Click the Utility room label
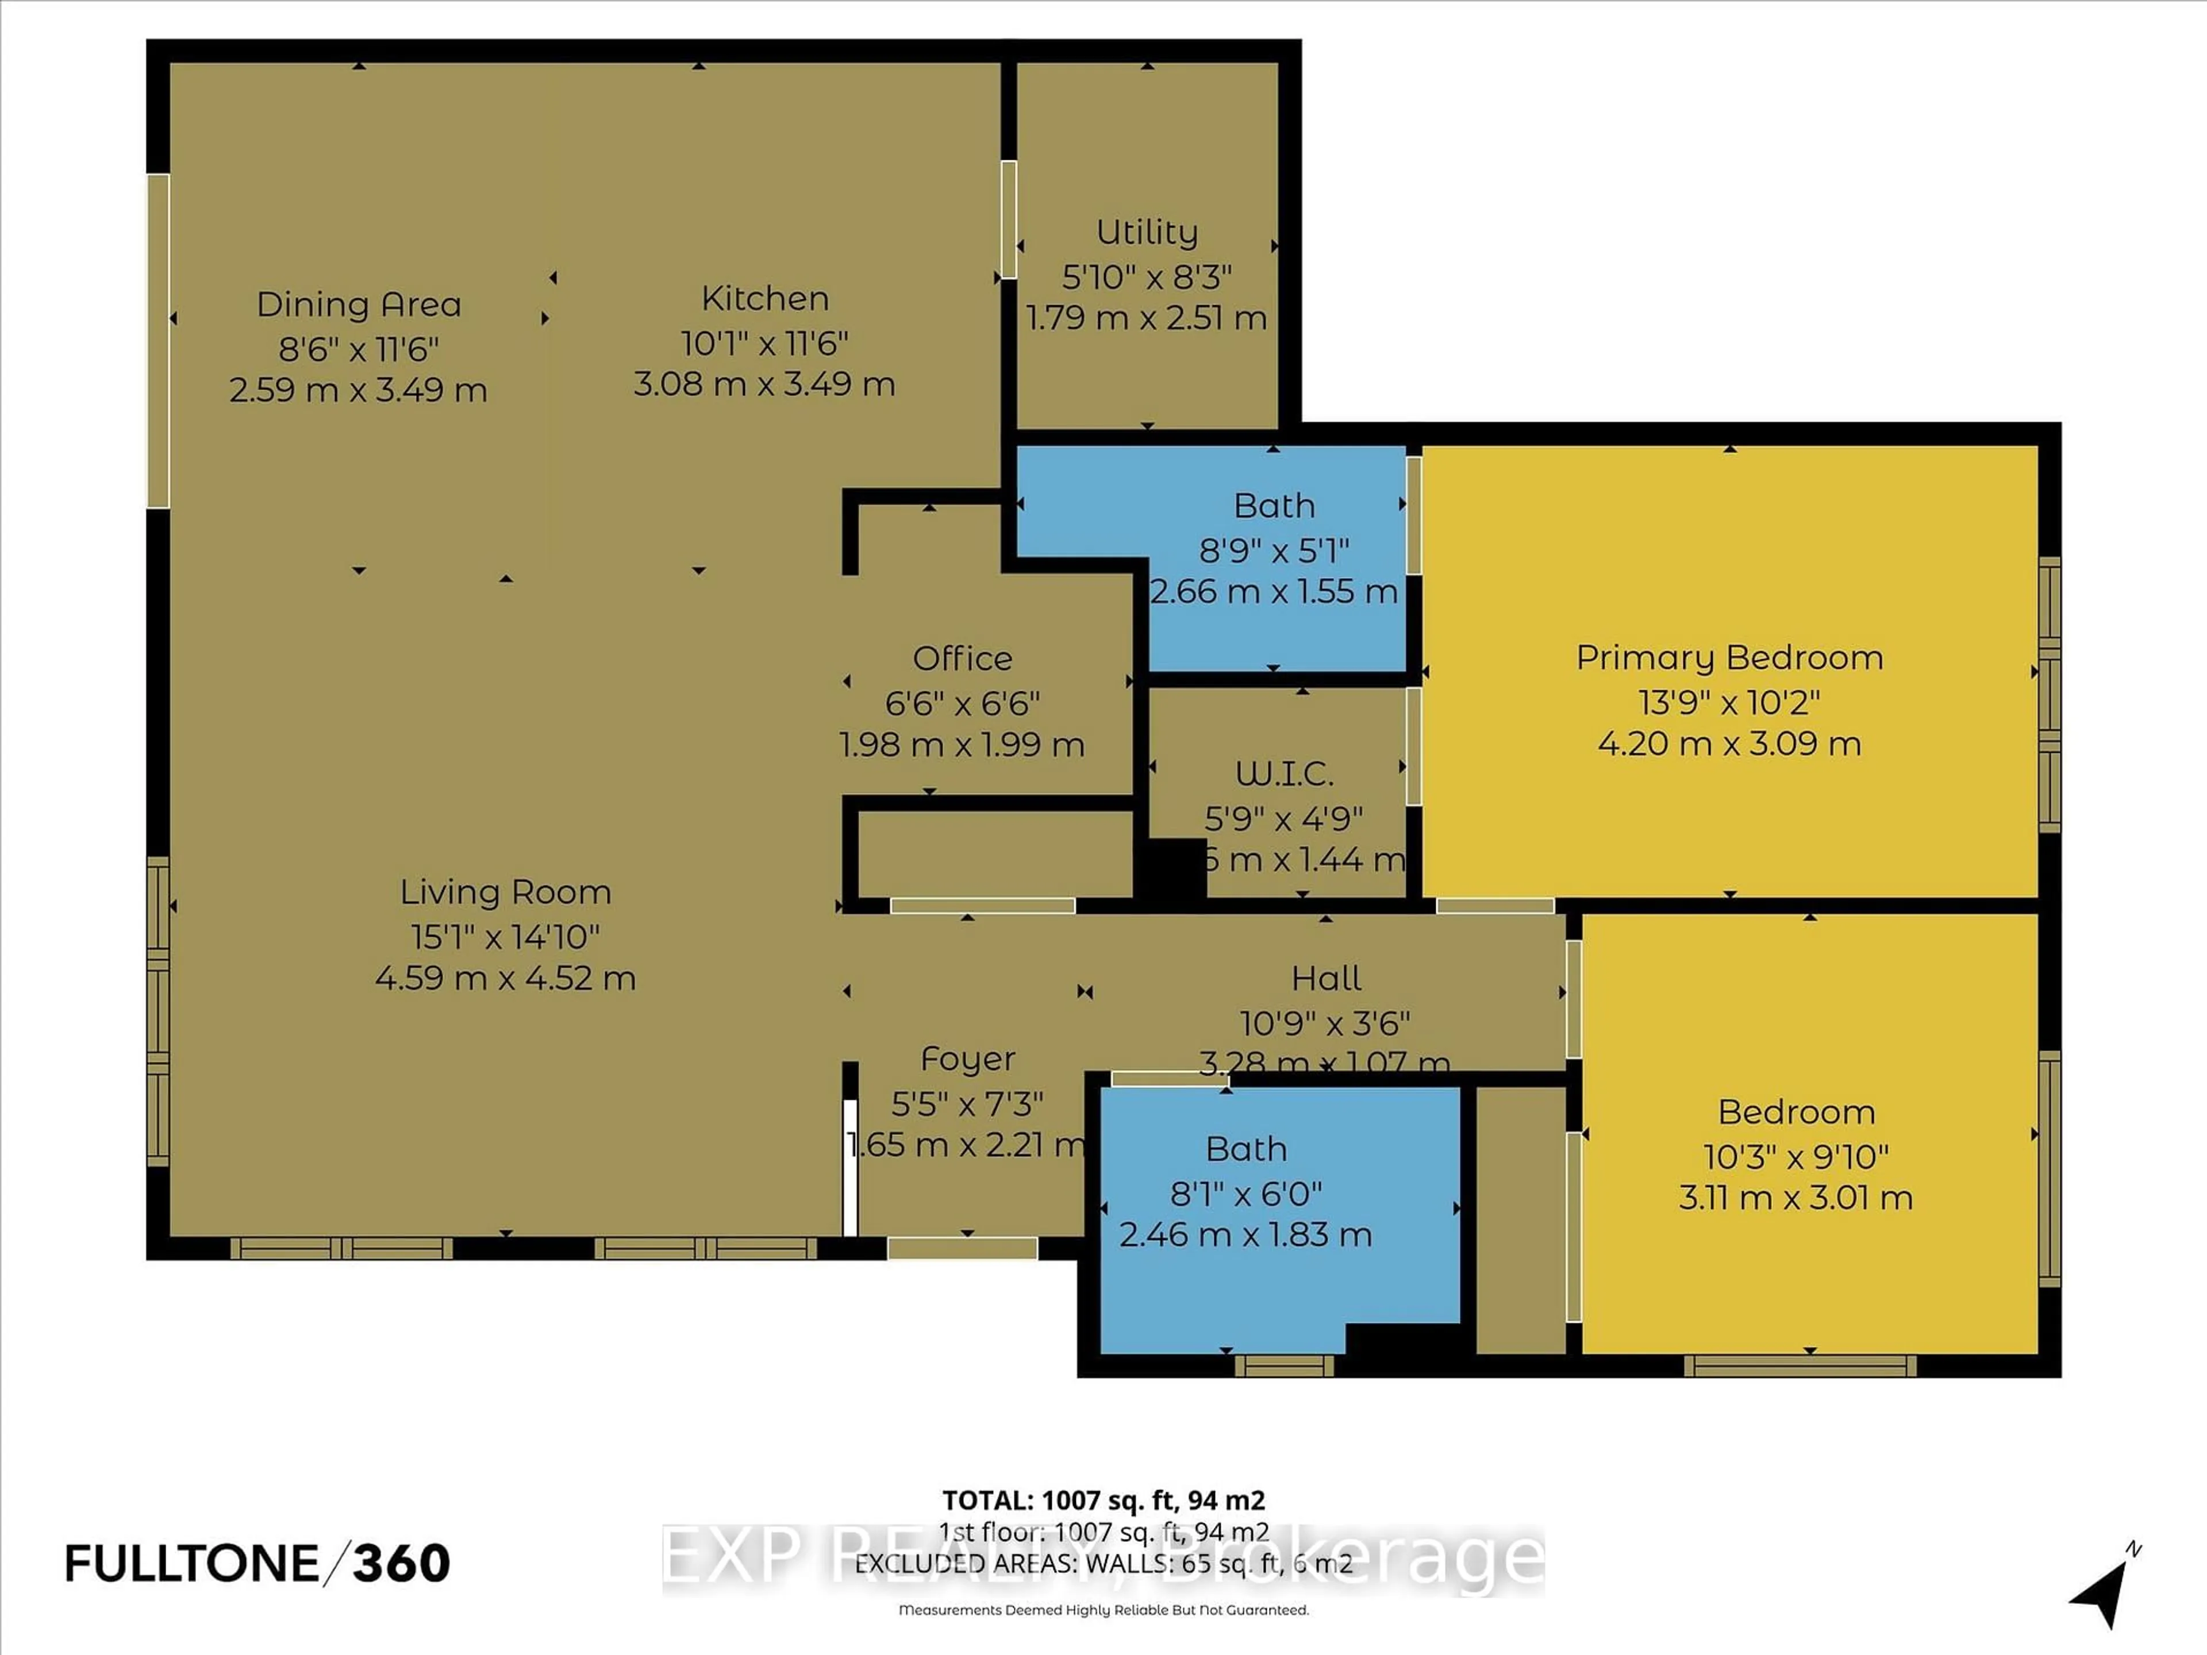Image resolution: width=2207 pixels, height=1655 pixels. coord(1147,232)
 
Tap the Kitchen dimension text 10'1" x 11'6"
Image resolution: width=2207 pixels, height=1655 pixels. coord(764,343)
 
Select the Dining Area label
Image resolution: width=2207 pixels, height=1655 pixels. coord(359,304)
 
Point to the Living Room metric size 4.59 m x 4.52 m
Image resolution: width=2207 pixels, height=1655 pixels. coord(506,977)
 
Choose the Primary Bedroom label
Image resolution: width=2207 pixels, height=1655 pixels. coord(1729,657)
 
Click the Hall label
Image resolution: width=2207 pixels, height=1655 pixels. coord(1326,977)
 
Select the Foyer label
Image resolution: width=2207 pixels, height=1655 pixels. coord(968,1059)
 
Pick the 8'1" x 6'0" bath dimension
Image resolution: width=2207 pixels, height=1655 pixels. coord(1245,1193)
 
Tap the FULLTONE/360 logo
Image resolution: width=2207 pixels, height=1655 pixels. coord(257,1563)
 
